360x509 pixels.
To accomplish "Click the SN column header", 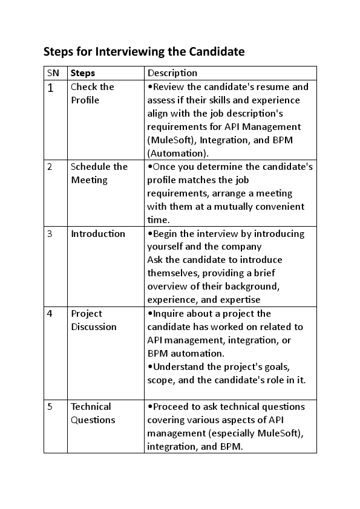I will pyautogui.click(x=53, y=73).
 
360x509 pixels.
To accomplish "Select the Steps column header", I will pyautogui.click(x=83, y=73).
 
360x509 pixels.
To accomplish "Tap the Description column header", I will pyautogui.click(x=172, y=73).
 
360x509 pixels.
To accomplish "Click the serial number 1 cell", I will pyautogui.click(x=51, y=88).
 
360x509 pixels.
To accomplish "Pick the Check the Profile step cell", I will pyautogui.click(x=92, y=94).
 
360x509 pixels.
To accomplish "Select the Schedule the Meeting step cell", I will pyautogui.click(x=99, y=173).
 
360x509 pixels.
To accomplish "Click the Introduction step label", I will pyautogui.click(x=98, y=234).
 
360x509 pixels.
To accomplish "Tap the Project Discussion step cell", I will pyautogui.click(x=94, y=320).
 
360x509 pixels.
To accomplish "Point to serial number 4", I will pyautogui.click(x=50, y=314).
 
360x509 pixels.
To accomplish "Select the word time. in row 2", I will pyautogui.click(x=159, y=220).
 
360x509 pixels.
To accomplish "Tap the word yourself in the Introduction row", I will pyautogui.click(x=166, y=247).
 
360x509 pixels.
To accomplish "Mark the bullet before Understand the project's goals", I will pyautogui.click(x=150, y=367).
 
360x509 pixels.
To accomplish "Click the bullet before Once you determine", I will pyautogui.click(x=150, y=166).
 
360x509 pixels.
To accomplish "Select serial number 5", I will pyautogui.click(x=50, y=407).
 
